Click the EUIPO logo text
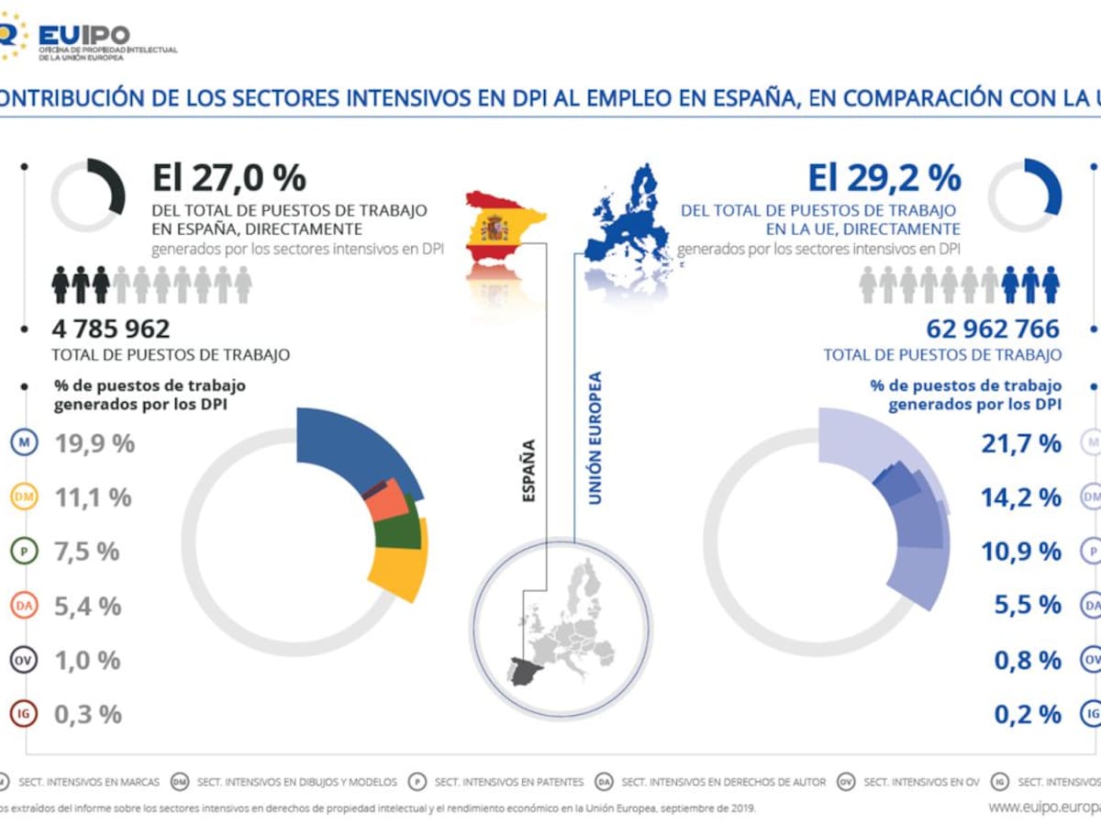coord(84,34)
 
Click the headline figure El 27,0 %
coord(229,178)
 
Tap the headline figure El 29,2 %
coord(884,178)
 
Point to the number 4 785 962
coord(111,329)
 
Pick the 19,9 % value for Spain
coord(95,444)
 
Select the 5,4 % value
coord(88,606)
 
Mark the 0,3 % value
coord(88,714)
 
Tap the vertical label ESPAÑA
coord(528,471)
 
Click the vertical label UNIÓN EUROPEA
coord(595,437)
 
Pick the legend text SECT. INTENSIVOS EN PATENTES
coord(508,782)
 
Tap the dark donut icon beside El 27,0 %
coord(89,195)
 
